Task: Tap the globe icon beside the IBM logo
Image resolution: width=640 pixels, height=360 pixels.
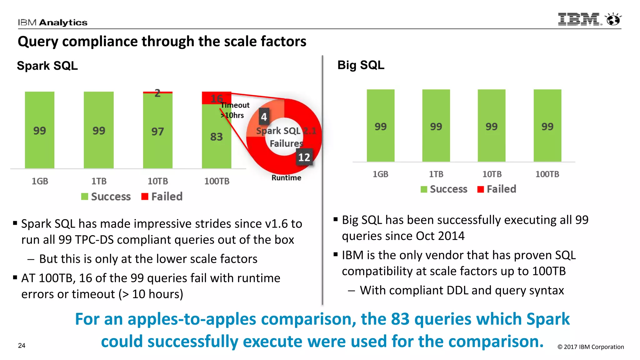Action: [613, 19]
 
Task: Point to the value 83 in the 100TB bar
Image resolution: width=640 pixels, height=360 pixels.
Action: [216, 137]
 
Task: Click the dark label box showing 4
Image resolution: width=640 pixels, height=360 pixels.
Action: [264, 117]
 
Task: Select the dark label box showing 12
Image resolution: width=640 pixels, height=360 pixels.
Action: [304, 157]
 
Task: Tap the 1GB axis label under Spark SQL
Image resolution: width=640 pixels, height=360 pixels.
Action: [40, 181]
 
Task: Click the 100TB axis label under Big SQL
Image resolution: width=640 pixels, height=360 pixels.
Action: [547, 174]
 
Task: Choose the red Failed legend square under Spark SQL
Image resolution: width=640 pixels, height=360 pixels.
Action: [145, 197]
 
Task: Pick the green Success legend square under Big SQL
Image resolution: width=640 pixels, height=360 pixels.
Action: [424, 189]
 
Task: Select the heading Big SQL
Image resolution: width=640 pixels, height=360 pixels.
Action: [361, 65]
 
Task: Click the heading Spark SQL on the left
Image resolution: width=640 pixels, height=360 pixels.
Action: [47, 66]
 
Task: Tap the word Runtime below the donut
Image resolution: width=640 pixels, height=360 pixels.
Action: [286, 178]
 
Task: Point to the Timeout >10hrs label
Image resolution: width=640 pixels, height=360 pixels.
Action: [235, 110]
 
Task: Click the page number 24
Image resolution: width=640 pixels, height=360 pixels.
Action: [22, 346]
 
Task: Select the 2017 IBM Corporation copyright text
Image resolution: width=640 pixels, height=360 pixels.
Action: [591, 347]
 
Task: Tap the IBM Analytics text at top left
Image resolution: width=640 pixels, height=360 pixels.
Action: [52, 22]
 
